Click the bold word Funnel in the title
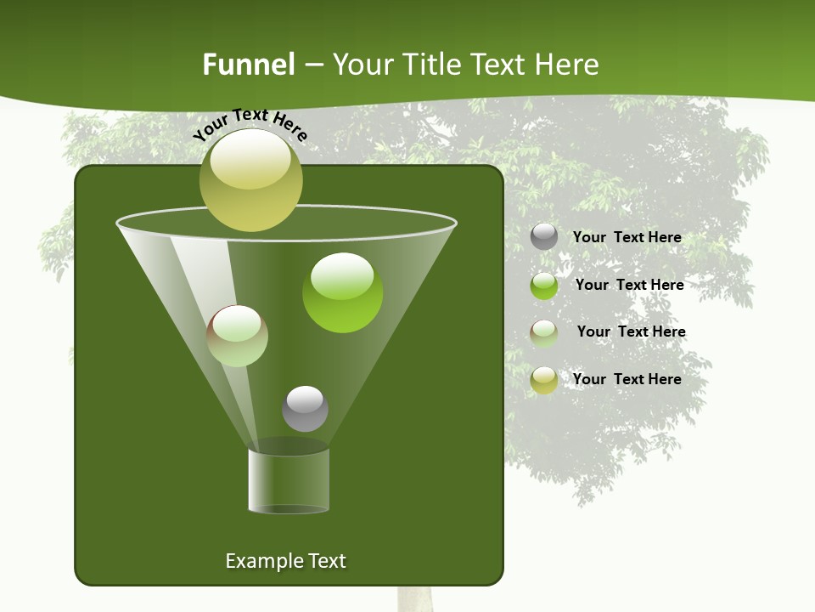click(248, 65)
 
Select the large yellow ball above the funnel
click(251, 180)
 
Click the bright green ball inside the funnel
click(343, 293)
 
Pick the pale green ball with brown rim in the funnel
click(238, 336)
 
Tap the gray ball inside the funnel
click(305, 409)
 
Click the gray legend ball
click(544, 236)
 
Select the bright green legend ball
click(544, 286)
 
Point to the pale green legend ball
click(544, 332)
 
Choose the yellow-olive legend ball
click(544, 380)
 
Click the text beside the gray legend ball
click(627, 237)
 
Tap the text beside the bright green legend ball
click(629, 285)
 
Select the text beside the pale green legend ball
click(631, 331)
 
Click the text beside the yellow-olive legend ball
click(627, 379)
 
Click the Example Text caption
click(285, 561)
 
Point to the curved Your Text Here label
click(250, 124)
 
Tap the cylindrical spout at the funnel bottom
click(289, 480)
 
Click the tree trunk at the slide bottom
click(415, 598)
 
